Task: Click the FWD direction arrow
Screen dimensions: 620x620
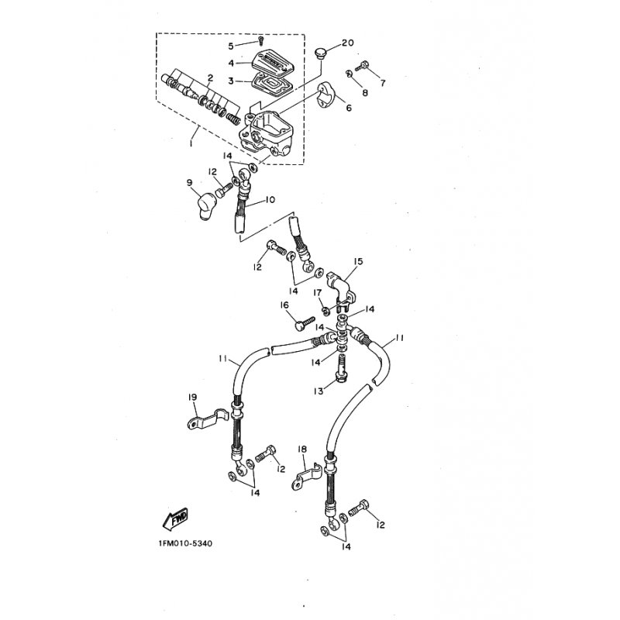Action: (175, 518)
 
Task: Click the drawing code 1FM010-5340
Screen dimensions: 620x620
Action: (185, 543)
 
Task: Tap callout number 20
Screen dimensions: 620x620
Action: (347, 43)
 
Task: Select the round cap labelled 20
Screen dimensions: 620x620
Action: (319, 53)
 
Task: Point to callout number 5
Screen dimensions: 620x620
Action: (231, 46)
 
